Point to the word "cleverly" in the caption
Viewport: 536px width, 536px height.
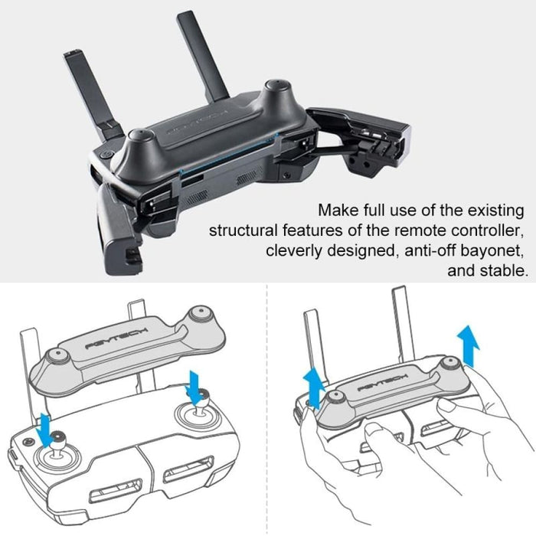(293, 251)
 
